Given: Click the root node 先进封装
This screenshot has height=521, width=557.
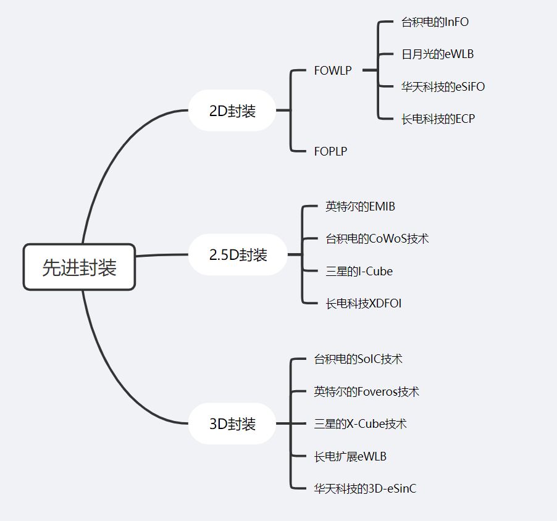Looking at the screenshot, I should click(79, 267).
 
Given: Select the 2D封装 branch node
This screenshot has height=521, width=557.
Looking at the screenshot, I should click(232, 111).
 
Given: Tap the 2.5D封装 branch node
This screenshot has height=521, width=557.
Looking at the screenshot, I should click(238, 254).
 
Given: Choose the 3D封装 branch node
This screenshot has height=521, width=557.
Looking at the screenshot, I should click(232, 424).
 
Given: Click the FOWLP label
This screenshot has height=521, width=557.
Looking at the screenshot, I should click(333, 70).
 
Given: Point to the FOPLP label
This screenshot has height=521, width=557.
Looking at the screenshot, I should click(330, 151).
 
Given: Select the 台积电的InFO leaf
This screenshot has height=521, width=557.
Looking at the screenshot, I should click(435, 22).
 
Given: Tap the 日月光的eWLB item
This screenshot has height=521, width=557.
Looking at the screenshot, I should click(437, 54).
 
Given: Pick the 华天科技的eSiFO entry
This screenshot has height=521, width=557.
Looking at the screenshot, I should click(443, 86).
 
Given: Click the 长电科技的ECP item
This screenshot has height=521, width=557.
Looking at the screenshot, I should click(438, 119).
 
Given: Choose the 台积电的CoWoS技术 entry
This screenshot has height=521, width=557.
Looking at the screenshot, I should click(377, 238).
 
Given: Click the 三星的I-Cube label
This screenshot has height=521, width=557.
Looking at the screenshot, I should click(359, 271).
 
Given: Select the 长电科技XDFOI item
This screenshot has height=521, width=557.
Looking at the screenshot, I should click(363, 303).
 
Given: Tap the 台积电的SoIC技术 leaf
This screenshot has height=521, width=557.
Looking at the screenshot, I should click(358, 359).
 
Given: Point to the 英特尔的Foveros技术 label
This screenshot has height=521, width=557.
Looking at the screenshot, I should click(366, 391).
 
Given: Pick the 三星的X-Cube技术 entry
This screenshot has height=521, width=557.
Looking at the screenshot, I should click(360, 423).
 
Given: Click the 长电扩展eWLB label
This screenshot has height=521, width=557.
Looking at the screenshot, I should click(350, 456).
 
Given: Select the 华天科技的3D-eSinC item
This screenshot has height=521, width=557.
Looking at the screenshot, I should click(365, 488).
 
